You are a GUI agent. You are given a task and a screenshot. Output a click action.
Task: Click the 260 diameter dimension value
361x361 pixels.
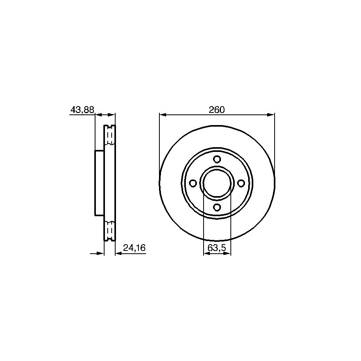tap(217, 110)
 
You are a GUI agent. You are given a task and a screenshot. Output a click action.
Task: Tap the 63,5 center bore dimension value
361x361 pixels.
tap(217, 248)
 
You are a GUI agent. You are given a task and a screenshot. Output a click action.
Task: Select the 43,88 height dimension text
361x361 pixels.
tap(82, 110)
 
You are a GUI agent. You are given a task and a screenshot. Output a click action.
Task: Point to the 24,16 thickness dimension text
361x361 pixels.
tap(134, 248)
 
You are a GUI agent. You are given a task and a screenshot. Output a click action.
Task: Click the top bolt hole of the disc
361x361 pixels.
tap(217, 159)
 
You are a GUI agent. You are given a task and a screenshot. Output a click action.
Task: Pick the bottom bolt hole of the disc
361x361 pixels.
tap(217, 207)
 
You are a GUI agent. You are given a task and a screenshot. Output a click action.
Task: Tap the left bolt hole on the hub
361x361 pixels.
tap(193, 183)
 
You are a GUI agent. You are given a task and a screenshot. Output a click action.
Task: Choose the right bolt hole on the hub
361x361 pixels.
tap(241, 183)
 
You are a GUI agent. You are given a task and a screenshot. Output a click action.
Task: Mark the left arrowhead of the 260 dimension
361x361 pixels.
tap(163, 115)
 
